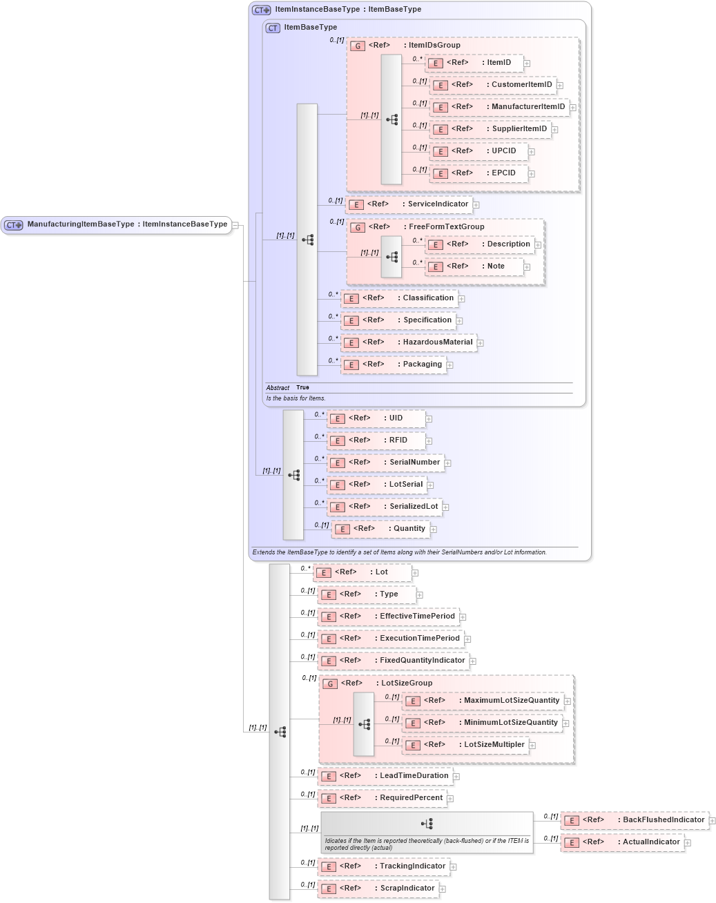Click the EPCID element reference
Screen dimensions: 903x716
(x=479, y=173)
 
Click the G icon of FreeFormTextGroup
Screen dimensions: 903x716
(x=357, y=227)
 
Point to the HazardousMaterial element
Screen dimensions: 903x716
(x=409, y=342)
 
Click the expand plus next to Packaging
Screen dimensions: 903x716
(x=449, y=365)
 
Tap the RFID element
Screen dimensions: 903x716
(x=376, y=440)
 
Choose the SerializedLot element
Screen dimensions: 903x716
(x=385, y=507)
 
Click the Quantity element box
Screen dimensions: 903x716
(x=381, y=529)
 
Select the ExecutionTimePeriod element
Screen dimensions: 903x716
(x=391, y=639)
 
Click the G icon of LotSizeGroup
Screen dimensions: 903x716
(x=330, y=683)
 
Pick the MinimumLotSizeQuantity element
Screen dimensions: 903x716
(x=482, y=723)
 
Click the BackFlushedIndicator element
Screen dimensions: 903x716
(x=635, y=820)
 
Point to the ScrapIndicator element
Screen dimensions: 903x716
(x=378, y=889)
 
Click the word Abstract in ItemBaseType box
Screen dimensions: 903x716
(x=278, y=388)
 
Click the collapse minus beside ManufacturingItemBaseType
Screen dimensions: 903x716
(x=235, y=225)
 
